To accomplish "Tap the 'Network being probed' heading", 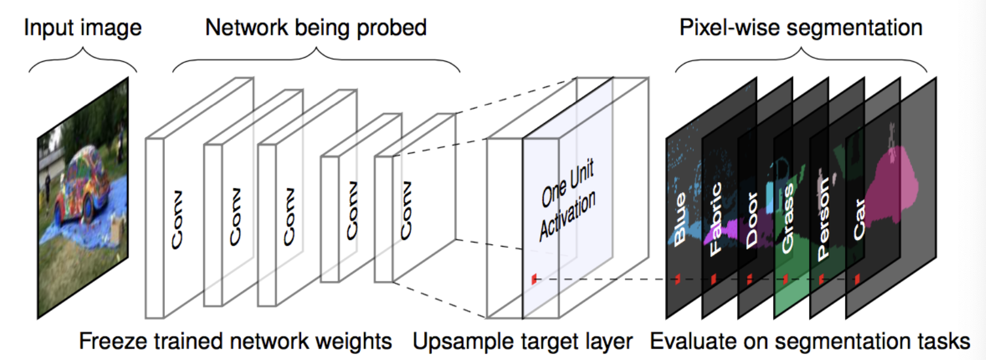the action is pos(316,28).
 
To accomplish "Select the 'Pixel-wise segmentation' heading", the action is pos(801,28).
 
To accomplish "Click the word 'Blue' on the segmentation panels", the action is pos(679,219).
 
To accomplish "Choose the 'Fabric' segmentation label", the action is pos(716,219).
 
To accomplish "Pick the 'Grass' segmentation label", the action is pos(787,219).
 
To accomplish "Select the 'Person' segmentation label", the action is pos(823,219).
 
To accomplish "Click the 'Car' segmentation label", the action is pos(859,219).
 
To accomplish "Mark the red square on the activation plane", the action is pos(534,279).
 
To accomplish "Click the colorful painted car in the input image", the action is pos(83,185).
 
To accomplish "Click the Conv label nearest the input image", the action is pos(177,220).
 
